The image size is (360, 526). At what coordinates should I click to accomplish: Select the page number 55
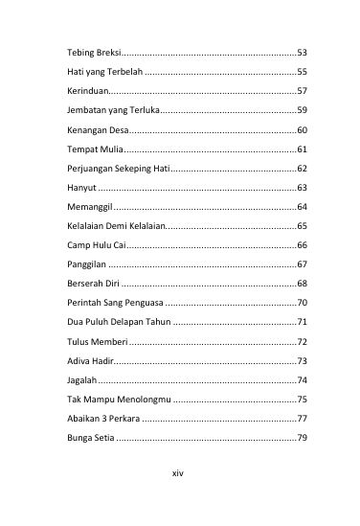click(302, 72)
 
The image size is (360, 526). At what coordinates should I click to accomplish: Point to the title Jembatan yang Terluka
click(105, 110)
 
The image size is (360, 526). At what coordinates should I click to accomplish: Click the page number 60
click(302, 130)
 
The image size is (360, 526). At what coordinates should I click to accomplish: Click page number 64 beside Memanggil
click(302, 208)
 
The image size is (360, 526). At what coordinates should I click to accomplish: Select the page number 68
click(302, 285)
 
